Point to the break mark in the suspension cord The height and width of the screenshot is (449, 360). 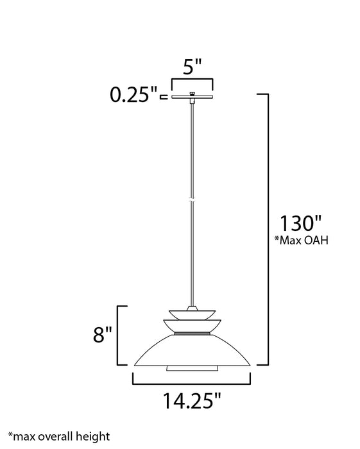[x=193, y=201]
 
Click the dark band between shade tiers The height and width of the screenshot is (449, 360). [x=193, y=334]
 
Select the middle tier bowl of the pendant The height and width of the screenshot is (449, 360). [x=193, y=325]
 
